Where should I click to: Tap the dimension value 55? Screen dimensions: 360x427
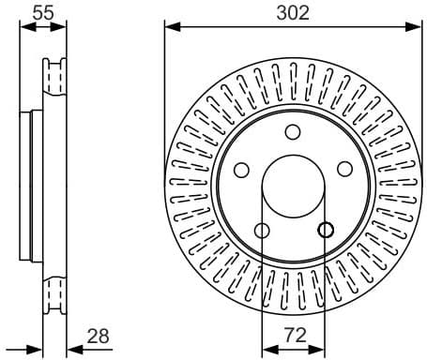coord(42,12)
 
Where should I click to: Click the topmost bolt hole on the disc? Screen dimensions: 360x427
coord(292,131)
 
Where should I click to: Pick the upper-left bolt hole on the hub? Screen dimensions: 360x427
coord(240,170)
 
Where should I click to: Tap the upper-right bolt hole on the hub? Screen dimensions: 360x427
coord(344,169)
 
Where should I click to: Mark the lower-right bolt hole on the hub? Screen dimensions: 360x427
coord(325,231)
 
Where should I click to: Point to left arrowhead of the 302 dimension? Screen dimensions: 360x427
coord(170,26)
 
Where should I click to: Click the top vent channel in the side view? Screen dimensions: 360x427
coord(55,76)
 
